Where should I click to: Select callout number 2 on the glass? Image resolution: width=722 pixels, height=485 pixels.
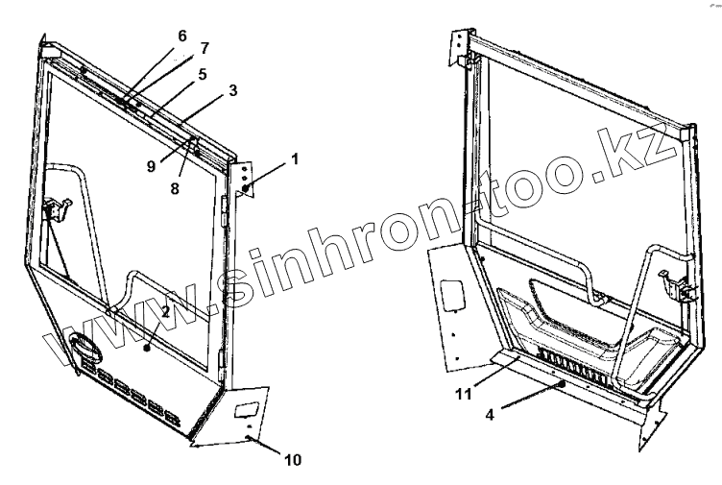(165, 311)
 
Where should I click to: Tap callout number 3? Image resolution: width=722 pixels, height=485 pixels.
(233, 90)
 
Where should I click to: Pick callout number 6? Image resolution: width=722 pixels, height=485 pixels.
(181, 36)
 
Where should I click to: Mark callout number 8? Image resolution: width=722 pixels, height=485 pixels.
(174, 189)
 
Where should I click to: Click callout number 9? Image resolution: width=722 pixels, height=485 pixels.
(152, 166)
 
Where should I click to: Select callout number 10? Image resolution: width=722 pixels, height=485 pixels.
(293, 460)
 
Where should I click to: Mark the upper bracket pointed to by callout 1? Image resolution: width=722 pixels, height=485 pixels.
(247, 178)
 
